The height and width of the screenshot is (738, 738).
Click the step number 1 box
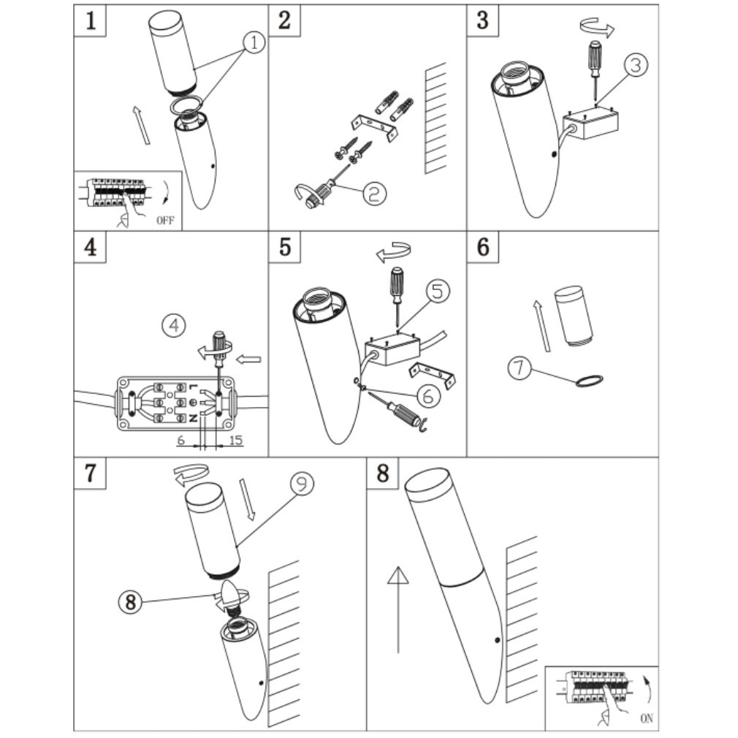tap(91, 20)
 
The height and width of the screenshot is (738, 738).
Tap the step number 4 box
tap(91, 247)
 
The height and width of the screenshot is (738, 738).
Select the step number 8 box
tap(383, 473)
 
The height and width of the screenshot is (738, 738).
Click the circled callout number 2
tap(373, 192)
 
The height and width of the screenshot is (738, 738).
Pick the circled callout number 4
tap(174, 324)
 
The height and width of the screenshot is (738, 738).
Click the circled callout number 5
tap(436, 291)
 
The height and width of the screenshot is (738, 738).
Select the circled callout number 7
tap(520, 367)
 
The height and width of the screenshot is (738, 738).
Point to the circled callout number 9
tap(301, 483)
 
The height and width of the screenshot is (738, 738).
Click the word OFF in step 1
tap(166, 220)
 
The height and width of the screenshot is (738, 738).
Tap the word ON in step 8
tap(647, 718)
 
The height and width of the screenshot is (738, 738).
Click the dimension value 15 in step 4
tap(235, 441)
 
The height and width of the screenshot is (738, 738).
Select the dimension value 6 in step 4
tap(180, 441)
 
